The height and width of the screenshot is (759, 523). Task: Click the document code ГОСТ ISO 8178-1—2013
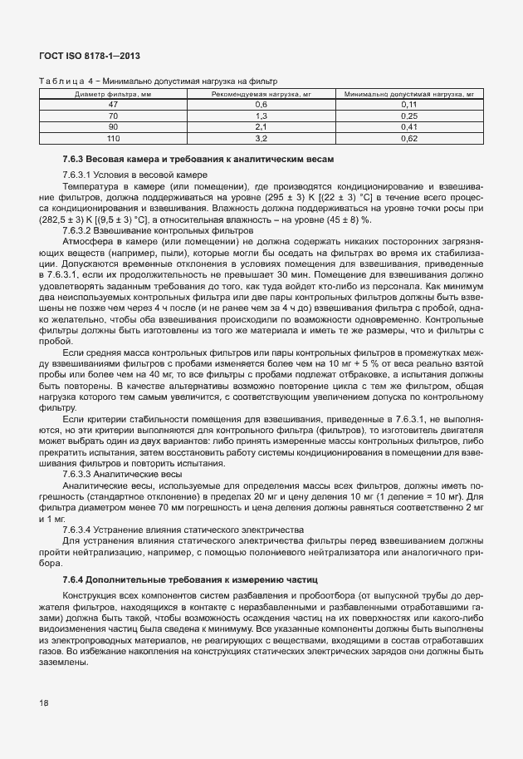pos(89,56)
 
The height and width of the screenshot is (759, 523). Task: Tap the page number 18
pos(44,703)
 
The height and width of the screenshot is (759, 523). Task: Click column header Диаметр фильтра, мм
pos(113,94)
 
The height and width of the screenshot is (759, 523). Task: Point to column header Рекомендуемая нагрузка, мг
pos(261,94)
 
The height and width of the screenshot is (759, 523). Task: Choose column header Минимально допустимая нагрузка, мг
pos(408,94)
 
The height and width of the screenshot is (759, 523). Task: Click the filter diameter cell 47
pos(113,105)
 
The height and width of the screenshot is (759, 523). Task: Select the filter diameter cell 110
pos(113,138)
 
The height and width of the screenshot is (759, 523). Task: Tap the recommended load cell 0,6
pos(261,105)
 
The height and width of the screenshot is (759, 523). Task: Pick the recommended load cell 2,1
pos(261,127)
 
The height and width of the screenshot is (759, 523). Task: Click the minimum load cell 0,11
pos(408,105)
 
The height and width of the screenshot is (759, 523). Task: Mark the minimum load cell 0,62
pos(408,138)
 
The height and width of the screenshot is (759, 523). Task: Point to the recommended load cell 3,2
pos(261,138)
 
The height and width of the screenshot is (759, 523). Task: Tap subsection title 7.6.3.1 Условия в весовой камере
pos(128,175)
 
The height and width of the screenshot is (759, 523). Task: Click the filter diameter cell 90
pos(113,127)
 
